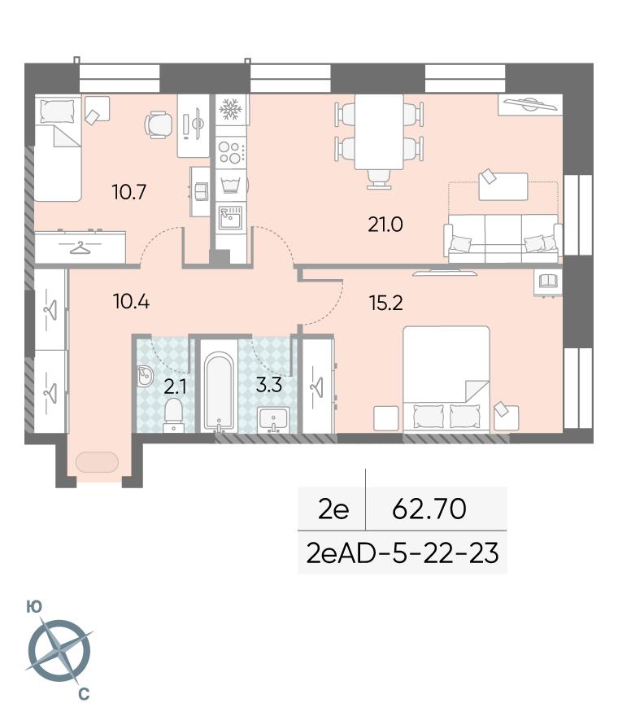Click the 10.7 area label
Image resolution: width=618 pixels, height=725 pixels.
click(129, 191)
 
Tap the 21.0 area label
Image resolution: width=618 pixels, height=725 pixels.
click(385, 225)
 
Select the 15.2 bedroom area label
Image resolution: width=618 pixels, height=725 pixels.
click(386, 304)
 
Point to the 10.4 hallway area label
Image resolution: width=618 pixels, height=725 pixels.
click(131, 301)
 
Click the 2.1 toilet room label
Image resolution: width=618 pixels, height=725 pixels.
click(175, 387)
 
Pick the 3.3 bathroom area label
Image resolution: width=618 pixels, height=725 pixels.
click(269, 385)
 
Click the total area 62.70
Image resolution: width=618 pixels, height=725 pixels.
click(429, 509)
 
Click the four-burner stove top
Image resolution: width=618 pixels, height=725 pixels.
click(230, 153)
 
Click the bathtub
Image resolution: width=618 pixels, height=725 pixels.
click(219, 392)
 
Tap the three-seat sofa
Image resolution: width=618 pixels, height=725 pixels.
click(503, 238)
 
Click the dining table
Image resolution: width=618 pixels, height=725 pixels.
click(379, 133)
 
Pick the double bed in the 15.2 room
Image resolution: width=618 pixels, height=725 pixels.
click(446, 379)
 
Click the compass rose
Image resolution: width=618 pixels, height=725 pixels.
click(59, 652)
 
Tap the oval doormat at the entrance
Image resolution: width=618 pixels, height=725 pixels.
click(97, 462)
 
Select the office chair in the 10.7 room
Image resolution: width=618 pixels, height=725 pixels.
click(159, 124)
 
